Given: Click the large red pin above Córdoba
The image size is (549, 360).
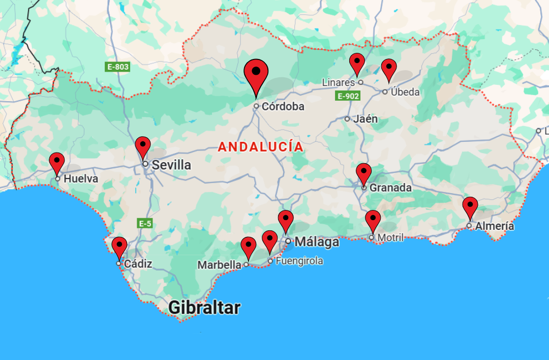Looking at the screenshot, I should [x=256, y=74].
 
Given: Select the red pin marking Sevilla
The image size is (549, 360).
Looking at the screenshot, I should [x=143, y=146].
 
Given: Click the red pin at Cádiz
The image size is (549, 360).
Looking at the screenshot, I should [x=119, y=247].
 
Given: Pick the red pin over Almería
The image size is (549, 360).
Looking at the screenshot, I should [x=470, y=206].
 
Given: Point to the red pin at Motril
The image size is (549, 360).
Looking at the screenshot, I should [x=373, y=220].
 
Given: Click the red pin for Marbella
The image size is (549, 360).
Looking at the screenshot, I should [x=248, y=247].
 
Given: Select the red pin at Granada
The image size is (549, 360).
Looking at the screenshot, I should [x=363, y=173].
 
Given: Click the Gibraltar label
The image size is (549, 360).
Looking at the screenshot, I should [x=204, y=308].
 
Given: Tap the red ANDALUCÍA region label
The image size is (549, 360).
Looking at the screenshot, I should [x=260, y=147].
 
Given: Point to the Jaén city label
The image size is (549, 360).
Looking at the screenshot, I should [x=365, y=119].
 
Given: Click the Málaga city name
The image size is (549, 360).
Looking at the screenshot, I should [x=317, y=242].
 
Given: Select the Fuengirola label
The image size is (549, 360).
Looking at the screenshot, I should [x=299, y=261].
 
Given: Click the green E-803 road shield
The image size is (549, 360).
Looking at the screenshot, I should [x=117, y=67].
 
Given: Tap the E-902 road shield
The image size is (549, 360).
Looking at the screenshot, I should [x=348, y=96].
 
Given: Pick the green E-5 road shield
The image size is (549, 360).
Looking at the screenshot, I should [x=144, y=223].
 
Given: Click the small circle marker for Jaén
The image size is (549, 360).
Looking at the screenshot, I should [x=347, y=119].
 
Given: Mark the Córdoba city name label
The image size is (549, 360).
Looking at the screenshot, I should [x=283, y=107].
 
